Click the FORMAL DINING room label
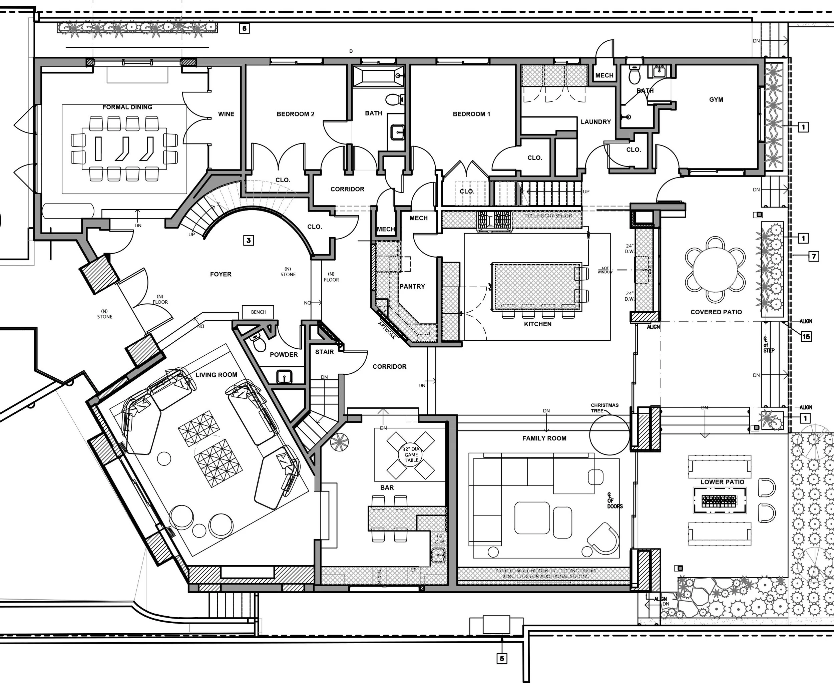point(127,107)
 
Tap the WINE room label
point(226,114)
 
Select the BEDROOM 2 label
point(296,114)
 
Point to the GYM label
point(716,99)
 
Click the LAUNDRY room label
point(595,122)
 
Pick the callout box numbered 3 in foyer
point(248,240)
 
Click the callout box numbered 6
point(244,28)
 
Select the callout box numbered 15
point(806,336)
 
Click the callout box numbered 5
point(502,658)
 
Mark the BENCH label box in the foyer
point(259,312)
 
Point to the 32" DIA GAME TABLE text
point(411,454)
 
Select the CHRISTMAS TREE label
point(604,408)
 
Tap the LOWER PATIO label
point(722,482)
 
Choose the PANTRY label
point(412,286)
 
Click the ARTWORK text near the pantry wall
point(387,330)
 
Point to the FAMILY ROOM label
point(544,438)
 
